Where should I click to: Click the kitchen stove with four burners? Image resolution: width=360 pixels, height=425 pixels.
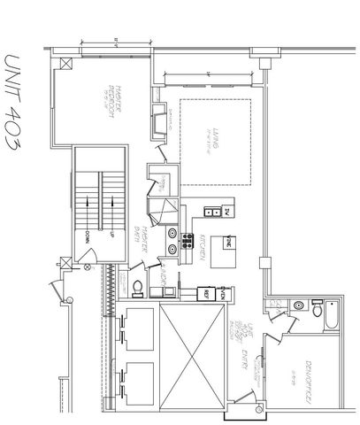click(188, 237)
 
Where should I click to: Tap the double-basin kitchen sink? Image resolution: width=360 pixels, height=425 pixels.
click(211, 212)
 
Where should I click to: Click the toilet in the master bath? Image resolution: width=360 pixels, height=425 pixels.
click(138, 286)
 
